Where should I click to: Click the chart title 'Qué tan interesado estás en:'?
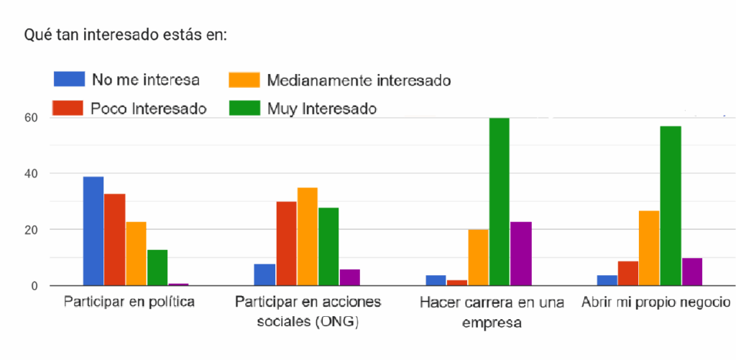point(126,34)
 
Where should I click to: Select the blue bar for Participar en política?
point(93,231)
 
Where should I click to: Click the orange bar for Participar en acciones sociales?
point(308,236)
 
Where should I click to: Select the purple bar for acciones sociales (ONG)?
point(350,277)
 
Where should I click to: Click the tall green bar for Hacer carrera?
point(499,202)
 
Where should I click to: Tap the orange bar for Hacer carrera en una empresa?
point(478,257)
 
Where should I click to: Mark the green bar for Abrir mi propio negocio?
point(670,206)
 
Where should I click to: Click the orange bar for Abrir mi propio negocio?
point(649,248)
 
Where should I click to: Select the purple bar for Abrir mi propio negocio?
point(691,272)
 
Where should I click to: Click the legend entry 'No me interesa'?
point(144,79)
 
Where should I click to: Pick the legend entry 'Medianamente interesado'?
point(358,80)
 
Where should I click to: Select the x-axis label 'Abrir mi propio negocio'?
point(656,302)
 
